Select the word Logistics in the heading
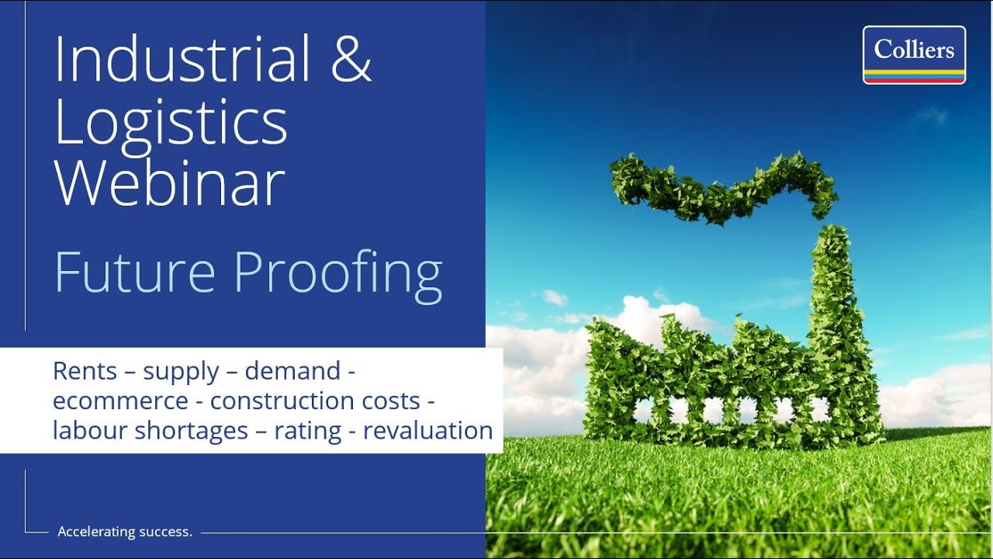coord(171,123)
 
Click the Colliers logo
coord(914,54)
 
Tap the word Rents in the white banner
coord(85,371)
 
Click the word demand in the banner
coord(292,371)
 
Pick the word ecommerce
coord(120,401)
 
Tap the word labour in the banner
coord(90,430)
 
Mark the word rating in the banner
coord(307,431)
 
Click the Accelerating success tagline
coord(125,532)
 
